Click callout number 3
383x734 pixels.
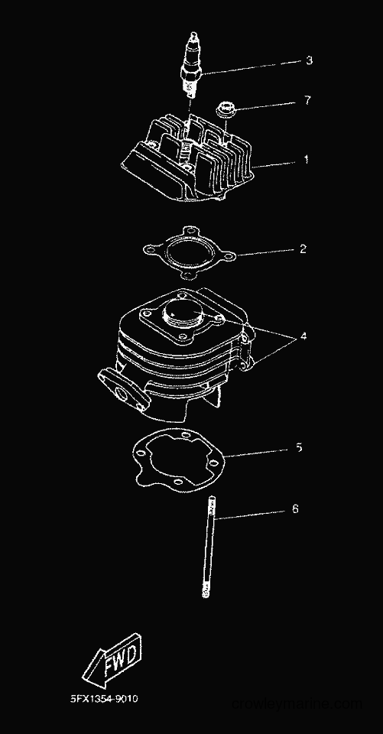click(x=309, y=60)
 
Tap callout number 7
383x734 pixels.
click(x=307, y=100)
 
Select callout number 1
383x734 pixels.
click(x=307, y=160)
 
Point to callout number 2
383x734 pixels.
click(x=303, y=249)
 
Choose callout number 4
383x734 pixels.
click(x=303, y=336)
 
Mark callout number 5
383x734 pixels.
click(x=299, y=448)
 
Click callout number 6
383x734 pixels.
click(x=295, y=509)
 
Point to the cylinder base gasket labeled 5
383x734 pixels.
click(x=178, y=463)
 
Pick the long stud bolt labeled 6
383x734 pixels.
click(x=207, y=546)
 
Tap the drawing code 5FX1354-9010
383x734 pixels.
click(x=104, y=700)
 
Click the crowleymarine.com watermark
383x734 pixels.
click(x=297, y=703)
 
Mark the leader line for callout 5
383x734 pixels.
click(x=257, y=453)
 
